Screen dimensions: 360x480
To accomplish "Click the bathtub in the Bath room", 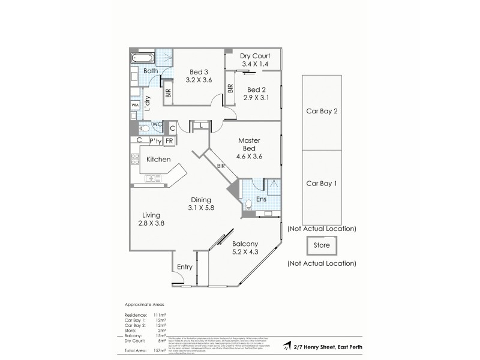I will pos(142,59).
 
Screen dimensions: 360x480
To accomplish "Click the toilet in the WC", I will pos(143,128).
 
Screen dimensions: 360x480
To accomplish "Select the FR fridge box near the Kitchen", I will pos(170,141).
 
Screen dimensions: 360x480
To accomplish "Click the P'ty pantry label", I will pos(155,141).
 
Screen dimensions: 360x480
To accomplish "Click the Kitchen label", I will pos(159,160).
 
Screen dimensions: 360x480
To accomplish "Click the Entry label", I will pos(184,268).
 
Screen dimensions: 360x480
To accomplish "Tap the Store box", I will pos(322,245).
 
